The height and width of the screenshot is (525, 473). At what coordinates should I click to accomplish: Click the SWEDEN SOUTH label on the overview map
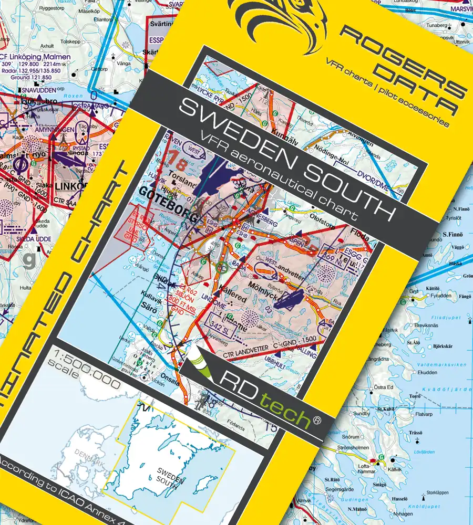[x=170, y=476]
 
